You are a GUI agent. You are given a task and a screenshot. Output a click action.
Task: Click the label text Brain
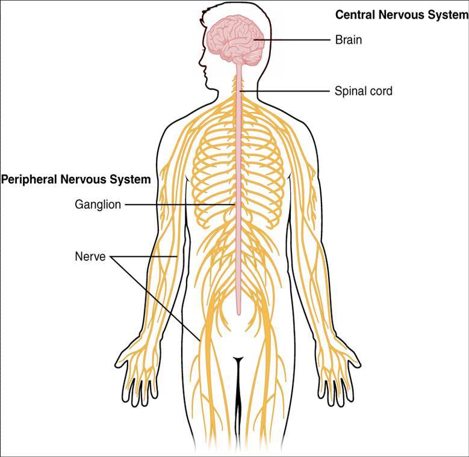348,40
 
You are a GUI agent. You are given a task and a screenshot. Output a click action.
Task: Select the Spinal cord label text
363,91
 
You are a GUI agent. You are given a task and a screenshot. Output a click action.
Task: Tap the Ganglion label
98,204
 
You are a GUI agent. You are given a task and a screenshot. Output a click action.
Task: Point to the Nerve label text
90,257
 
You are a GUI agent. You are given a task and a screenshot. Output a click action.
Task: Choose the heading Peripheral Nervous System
76,179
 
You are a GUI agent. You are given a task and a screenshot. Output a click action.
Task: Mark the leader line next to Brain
295,40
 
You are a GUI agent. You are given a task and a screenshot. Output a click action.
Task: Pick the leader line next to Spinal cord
286,91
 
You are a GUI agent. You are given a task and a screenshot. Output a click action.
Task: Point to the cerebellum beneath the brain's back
253,58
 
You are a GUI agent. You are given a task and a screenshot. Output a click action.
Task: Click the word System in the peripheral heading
131,179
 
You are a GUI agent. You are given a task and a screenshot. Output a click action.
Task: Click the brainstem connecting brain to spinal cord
239,67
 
